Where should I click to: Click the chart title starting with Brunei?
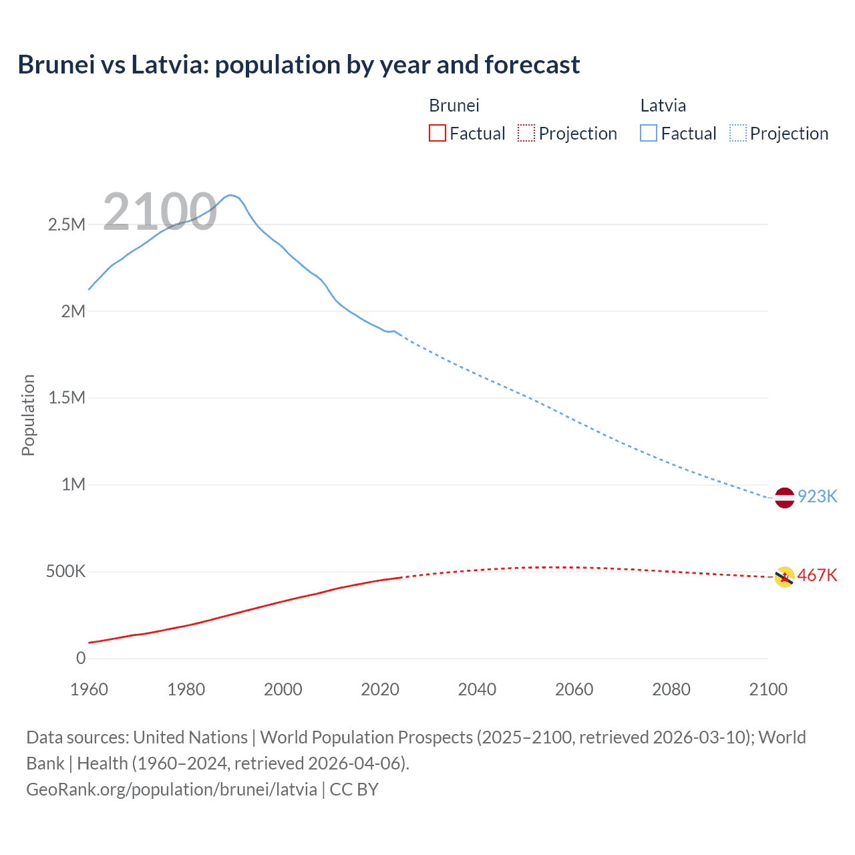[x=299, y=65]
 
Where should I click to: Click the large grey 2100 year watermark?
[x=160, y=212]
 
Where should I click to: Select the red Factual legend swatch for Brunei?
[x=437, y=134]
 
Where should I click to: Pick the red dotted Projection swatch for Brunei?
[x=526, y=134]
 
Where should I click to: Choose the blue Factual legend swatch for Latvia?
[x=649, y=134]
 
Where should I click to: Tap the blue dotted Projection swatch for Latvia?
[x=737, y=134]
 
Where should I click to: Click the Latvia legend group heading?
[x=663, y=106]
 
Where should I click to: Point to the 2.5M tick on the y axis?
[x=67, y=224]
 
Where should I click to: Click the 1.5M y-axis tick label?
[x=67, y=398]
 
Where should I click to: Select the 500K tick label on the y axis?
[x=65, y=572]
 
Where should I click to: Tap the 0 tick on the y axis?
[x=81, y=659]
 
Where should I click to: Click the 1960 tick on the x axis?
[x=89, y=689]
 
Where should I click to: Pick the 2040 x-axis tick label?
[x=477, y=689]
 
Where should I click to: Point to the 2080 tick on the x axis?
[x=671, y=689]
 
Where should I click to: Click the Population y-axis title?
[x=28, y=415]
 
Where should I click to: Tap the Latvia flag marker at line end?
[x=784, y=498]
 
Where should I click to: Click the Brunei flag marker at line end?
[x=784, y=576]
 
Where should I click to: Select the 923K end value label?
[x=817, y=497]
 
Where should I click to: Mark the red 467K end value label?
[x=817, y=576]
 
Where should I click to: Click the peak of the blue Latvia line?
[x=229, y=195]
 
